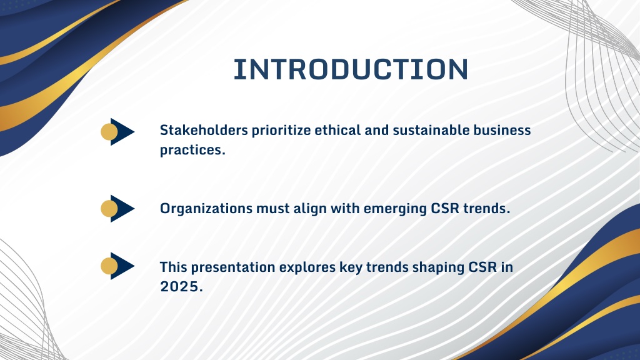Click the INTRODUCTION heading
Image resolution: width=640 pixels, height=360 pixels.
pos(351,69)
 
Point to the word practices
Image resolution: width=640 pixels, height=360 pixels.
pos(192,150)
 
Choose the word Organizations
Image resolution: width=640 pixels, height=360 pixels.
pos(206,209)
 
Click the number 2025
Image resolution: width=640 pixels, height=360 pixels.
pos(181,286)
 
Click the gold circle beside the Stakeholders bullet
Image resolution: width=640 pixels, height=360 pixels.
pos(109,132)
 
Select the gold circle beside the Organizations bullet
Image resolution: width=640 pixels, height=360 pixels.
pos(109,209)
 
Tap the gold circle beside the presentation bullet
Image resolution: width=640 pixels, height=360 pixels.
pos(109,266)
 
